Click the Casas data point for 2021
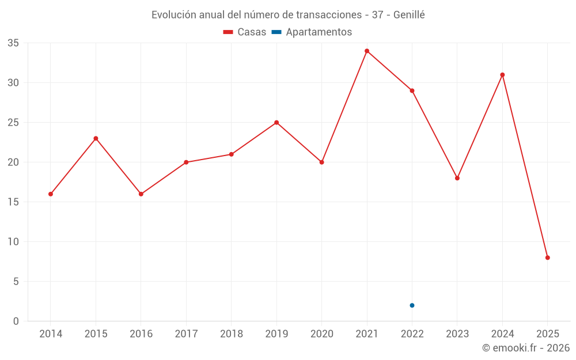click(367, 51)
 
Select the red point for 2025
click(547, 257)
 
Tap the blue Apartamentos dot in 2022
click(412, 305)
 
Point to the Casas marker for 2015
click(96, 138)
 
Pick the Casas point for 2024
click(502, 75)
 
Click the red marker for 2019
click(276, 122)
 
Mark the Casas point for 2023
click(457, 178)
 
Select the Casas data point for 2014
click(51, 194)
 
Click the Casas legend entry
click(245, 32)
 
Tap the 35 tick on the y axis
click(13, 43)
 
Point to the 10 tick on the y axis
click(13, 242)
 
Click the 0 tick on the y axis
click(16, 321)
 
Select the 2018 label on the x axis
click(231, 334)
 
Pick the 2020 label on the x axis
click(321, 334)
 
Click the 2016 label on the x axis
click(141, 334)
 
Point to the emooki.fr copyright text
click(525, 348)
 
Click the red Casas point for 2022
click(412, 90)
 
